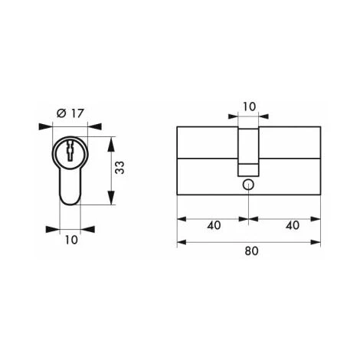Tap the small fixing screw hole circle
248,185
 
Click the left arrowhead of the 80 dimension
182,243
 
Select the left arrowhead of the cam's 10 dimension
233,117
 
